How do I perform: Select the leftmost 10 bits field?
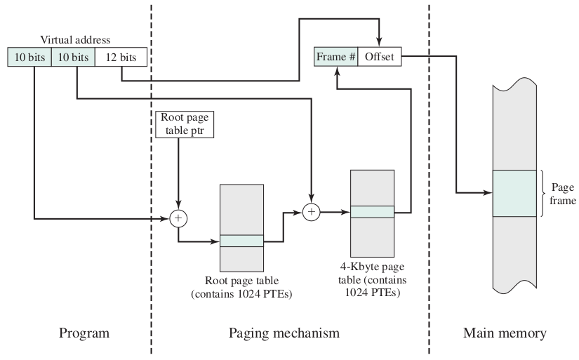pos(29,57)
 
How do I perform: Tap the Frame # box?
pos(335,58)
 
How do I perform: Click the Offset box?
pos(379,58)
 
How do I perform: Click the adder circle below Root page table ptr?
pos(178,218)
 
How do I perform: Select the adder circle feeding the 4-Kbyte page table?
pos(311,211)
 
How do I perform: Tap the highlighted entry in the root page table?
pos(241,241)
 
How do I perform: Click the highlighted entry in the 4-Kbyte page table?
pos(372,211)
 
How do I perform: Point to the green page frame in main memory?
pos(516,193)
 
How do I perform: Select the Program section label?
pos(84,333)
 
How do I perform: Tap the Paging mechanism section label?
pos(284,333)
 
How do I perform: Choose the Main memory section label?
pos(505,333)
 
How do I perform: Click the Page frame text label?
pos(562,194)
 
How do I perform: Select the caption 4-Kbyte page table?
pos(373,279)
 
